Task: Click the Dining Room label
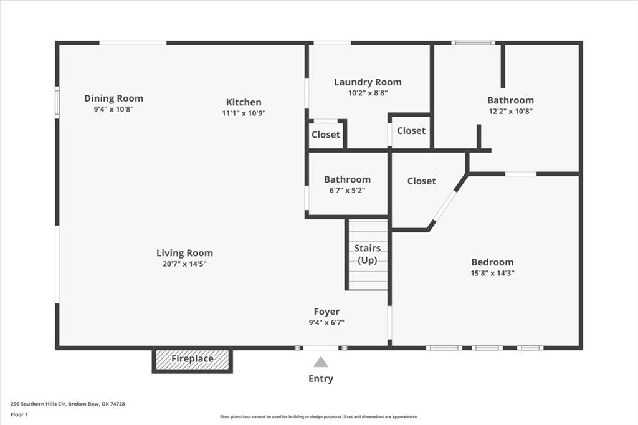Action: click(x=113, y=98)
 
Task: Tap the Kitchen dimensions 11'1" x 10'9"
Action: click(x=244, y=113)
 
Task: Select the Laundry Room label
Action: click(x=368, y=82)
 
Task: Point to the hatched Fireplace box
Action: click(x=192, y=360)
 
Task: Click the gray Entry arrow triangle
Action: click(x=321, y=362)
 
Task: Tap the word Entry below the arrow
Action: click(x=321, y=379)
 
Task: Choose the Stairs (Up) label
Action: click(x=368, y=254)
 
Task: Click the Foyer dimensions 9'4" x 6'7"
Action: click(x=326, y=322)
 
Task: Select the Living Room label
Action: click(x=184, y=253)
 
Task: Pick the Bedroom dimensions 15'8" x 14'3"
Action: click(x=492, y=273)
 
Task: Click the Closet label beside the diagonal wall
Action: click(x=422, y=181)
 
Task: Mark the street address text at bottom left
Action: click(x=67, y=404)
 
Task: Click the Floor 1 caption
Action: click(x=19, y=415)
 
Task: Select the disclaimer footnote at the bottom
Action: click(x=319, y=417)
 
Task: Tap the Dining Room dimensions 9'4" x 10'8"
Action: click(x=113, y=109)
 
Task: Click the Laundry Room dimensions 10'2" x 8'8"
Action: click(x=368, y=93)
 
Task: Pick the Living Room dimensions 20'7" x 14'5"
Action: click(x=184, y=264)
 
